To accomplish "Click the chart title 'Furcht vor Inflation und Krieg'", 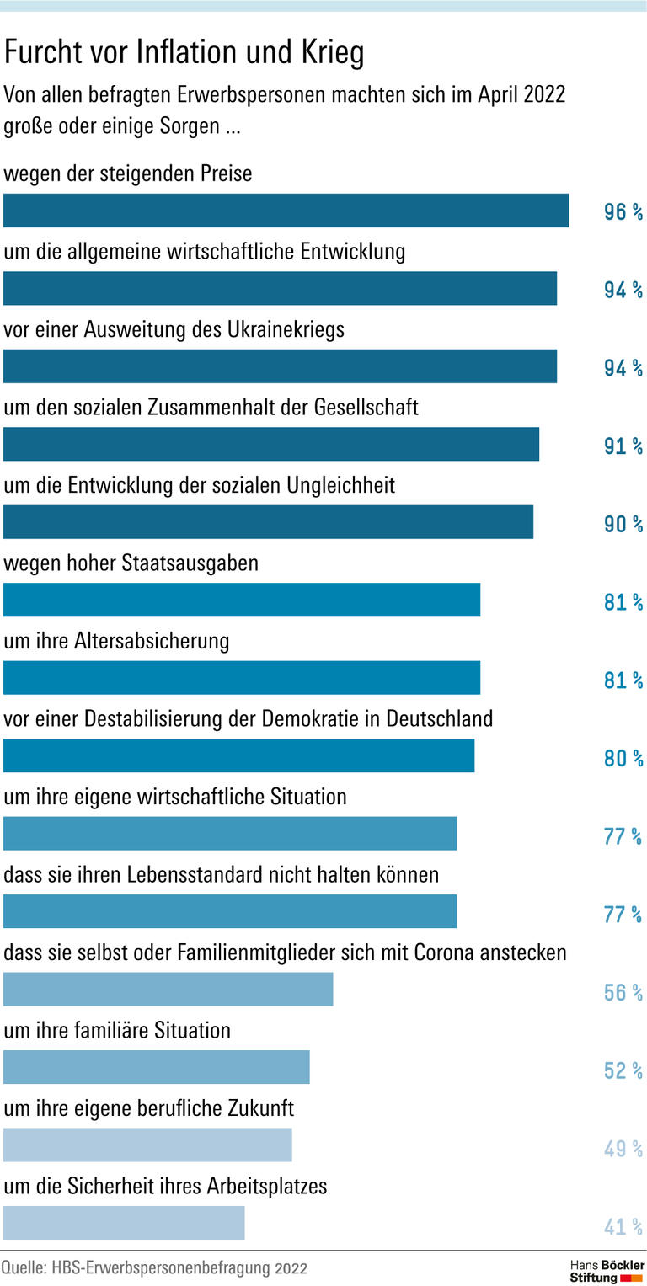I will [x=184, y=53].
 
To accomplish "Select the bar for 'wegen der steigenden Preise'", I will [x=286, y=211].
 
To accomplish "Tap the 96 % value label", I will [x=623, y=212].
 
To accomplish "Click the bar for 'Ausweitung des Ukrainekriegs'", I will [x=280, y=366].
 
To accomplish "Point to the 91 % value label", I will [x=623, y=446].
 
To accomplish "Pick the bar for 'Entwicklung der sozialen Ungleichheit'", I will [x=268, y=522].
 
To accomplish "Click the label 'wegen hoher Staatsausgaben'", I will [x=131, y=563].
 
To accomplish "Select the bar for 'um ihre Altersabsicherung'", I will [x=242, y=678].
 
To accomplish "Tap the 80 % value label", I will [x=623, y=758].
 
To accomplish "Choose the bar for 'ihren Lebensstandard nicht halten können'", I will [x=230, y=911].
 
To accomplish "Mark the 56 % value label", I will [x=623, y=992].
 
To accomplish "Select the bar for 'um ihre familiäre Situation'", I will [x=157, y=1067].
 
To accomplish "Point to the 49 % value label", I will [x=623, y=1148].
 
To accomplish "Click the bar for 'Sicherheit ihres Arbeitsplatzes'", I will [x=124, y=1223].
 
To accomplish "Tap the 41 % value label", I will [x=623, y=1226].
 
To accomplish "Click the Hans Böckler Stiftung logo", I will [x=606, y=1271].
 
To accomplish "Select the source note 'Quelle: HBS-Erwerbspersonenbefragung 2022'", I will [x=154, y=1268].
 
